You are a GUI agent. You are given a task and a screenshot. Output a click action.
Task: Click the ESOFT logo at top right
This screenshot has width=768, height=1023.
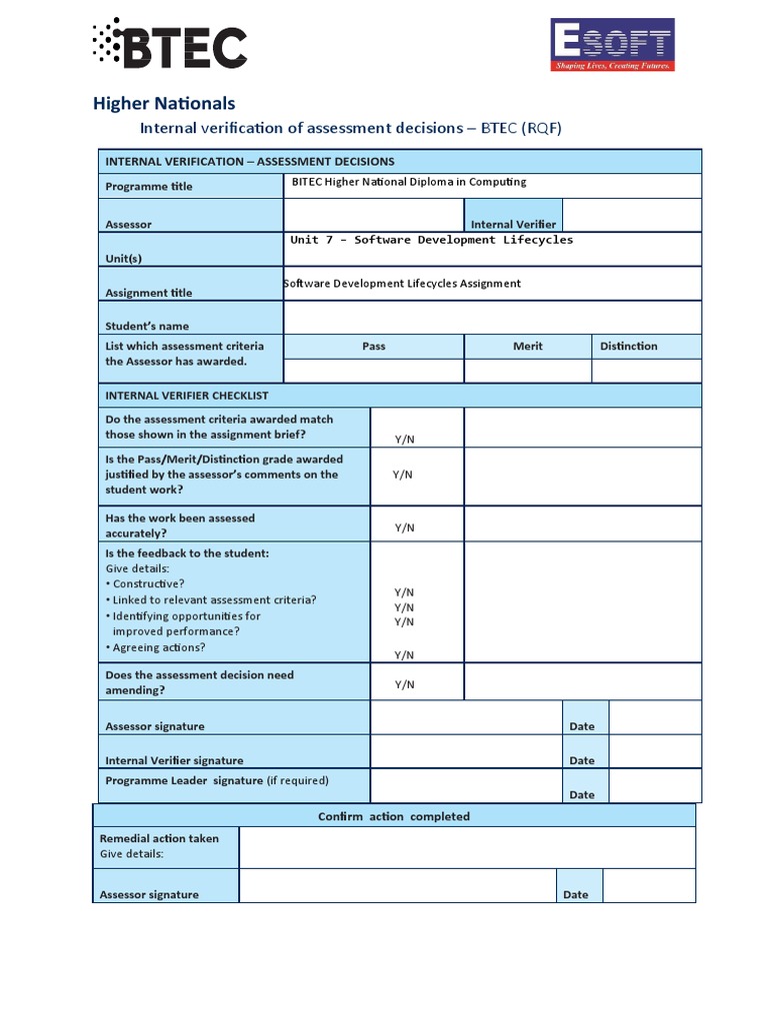tap(613, 45)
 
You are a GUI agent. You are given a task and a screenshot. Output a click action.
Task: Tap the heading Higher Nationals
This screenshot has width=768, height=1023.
tap(164, 103)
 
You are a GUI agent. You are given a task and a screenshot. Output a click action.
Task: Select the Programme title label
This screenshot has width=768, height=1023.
tap(149, 186)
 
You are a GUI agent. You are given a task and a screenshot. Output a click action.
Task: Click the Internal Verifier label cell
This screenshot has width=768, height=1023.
tap(513, 225)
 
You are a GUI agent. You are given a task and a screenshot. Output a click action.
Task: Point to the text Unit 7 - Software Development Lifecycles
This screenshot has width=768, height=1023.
tap(431, 240)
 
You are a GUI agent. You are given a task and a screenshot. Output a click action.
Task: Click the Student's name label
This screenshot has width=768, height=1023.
tap(147, 326)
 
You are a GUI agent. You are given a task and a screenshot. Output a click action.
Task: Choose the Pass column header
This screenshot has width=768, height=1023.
tap(373, 346)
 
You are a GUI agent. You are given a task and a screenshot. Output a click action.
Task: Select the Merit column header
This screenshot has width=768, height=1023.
tap(527, 346)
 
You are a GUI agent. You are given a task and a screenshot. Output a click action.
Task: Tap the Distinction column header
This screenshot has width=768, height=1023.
tap(628, 346)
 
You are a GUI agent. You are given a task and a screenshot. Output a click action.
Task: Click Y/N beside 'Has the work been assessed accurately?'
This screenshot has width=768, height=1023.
tap(404, 527)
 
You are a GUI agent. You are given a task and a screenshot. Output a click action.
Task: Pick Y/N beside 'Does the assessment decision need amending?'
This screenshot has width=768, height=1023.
tap(404, 684)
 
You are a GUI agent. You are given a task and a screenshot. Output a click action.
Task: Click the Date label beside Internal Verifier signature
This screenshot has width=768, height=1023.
tap(581, 760)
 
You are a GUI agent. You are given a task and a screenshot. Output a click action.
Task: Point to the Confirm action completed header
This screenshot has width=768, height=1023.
tap(393, 816)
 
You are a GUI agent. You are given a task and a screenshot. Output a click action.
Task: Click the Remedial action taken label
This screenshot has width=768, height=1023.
tap(159, 838)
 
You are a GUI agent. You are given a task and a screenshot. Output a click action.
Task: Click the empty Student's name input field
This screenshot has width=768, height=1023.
tap(492, 318)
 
